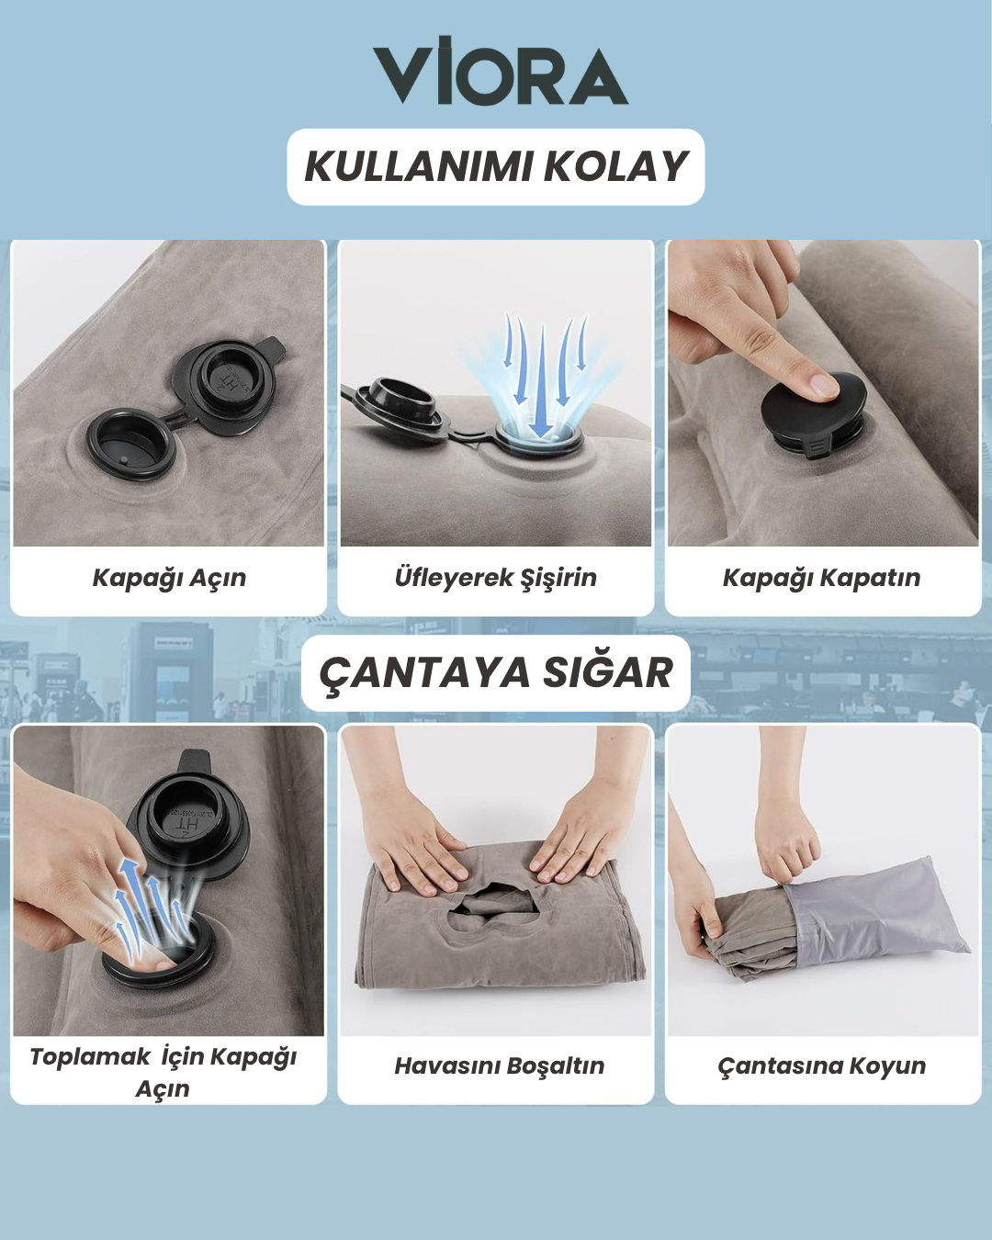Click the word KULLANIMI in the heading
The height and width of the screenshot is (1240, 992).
(x=418, y=166)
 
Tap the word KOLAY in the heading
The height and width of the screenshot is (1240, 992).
(x=615, y=166)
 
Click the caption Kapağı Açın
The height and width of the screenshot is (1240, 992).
(x=169, y=578)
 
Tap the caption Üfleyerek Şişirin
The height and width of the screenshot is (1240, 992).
(x=496, y=577)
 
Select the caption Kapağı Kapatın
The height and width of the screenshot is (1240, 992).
(x=821, y=578)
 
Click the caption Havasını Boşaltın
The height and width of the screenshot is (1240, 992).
(x=499, y=1066)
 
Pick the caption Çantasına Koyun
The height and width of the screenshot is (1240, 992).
(x=821, y=1066)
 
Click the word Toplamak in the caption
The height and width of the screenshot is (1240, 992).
(x=90, y=1057)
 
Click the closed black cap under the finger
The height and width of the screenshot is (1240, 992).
(x=814, y=414)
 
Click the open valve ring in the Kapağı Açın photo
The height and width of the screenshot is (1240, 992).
(x=130, y=445)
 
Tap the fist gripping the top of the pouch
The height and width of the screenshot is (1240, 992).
(x=787, y=840)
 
